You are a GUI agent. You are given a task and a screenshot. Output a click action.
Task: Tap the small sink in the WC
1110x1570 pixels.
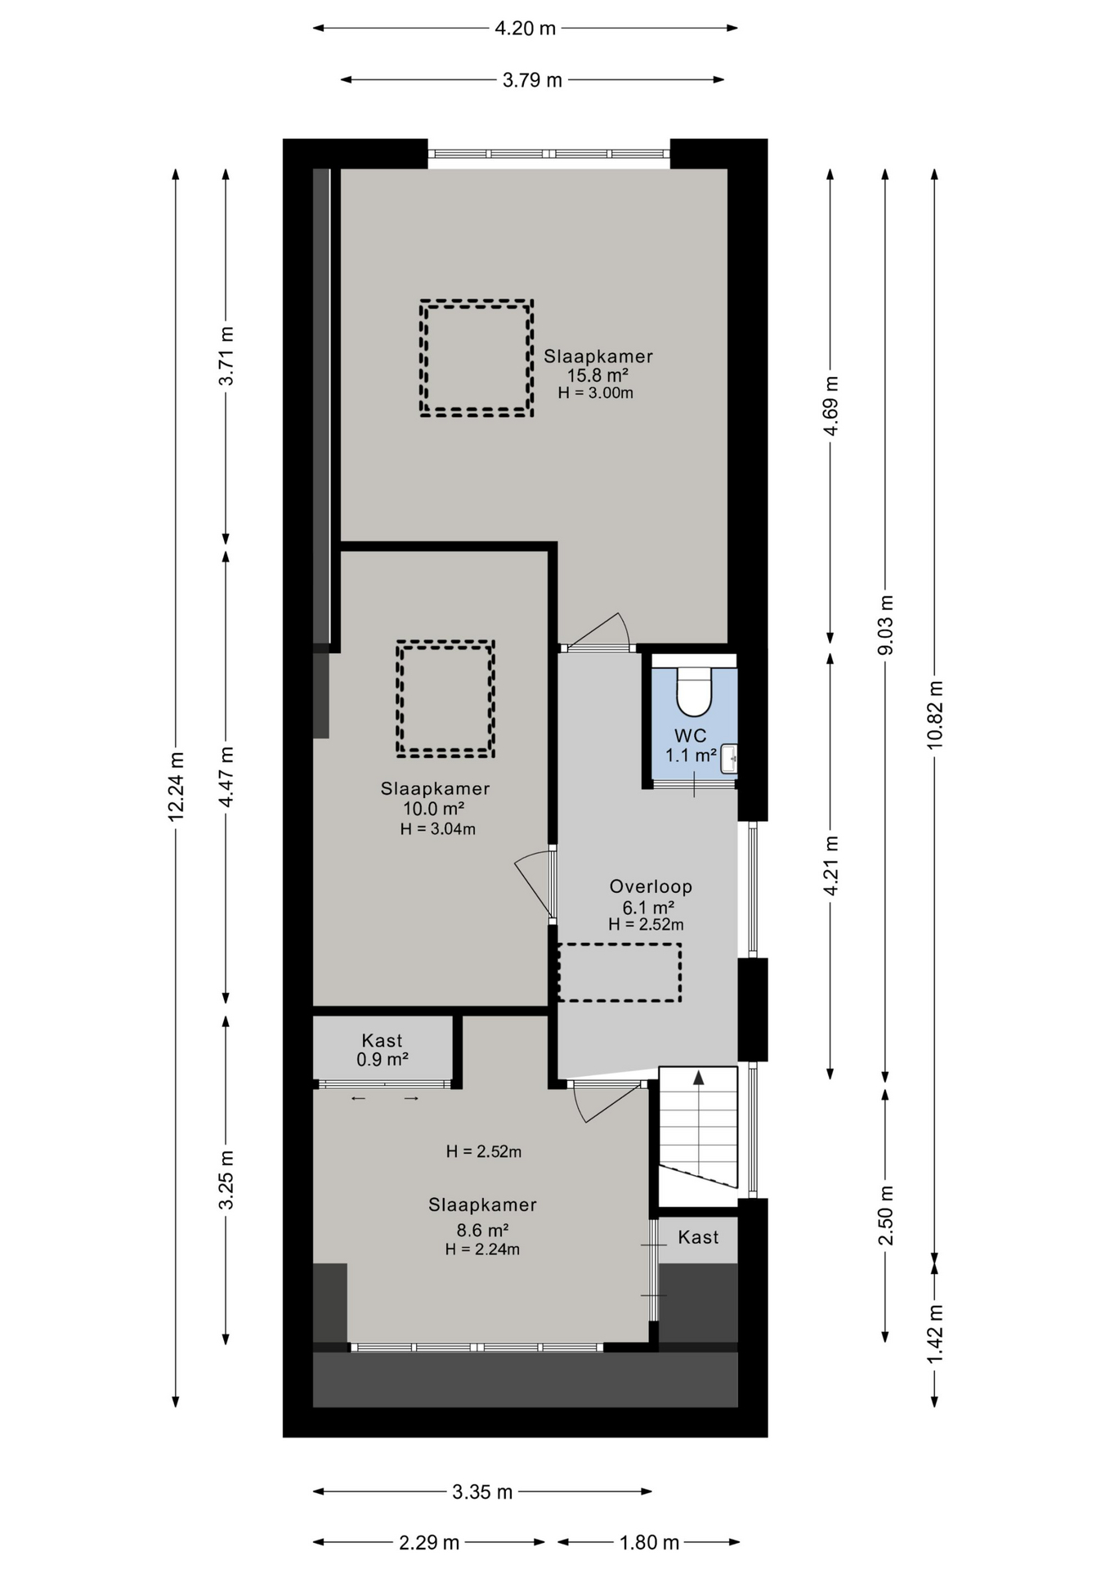(x=729, y=759)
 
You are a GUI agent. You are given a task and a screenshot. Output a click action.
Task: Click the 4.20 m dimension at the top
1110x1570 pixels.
(x=526, y=29)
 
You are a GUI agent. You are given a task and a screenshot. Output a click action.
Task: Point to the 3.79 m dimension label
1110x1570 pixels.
(x=532, y=80)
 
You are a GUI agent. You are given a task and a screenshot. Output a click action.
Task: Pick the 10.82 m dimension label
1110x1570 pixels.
(x=935, y=714)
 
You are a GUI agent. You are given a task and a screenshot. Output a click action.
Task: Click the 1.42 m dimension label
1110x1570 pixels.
(x=935, y=1334)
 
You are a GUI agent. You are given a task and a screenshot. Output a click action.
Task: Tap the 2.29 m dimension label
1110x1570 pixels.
(x=429, y=1543)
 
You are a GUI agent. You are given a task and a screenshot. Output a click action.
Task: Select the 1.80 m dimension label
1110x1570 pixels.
(x=650, y=1543)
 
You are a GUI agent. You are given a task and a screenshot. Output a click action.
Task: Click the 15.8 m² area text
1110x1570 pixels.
(x=598, y=375)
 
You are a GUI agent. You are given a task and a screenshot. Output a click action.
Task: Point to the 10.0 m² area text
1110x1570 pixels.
(x=434, y=809)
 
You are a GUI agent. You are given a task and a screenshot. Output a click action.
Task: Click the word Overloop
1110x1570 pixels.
(x=651, y=886)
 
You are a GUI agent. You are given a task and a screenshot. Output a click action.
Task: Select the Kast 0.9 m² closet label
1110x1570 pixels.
(x=383, y=1050)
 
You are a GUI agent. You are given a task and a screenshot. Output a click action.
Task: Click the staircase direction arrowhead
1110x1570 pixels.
(x=699, y=1078)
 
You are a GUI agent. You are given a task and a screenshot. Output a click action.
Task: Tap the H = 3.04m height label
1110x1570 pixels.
(x=438, y=829)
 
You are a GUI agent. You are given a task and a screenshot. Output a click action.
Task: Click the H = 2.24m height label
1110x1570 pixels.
(x=482, y=1249)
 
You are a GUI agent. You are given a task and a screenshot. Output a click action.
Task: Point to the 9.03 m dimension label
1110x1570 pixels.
(x=885, y=625)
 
